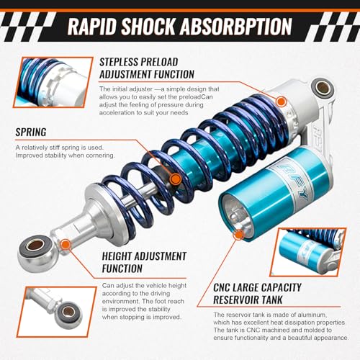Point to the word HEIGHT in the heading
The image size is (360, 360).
[114, 256]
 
